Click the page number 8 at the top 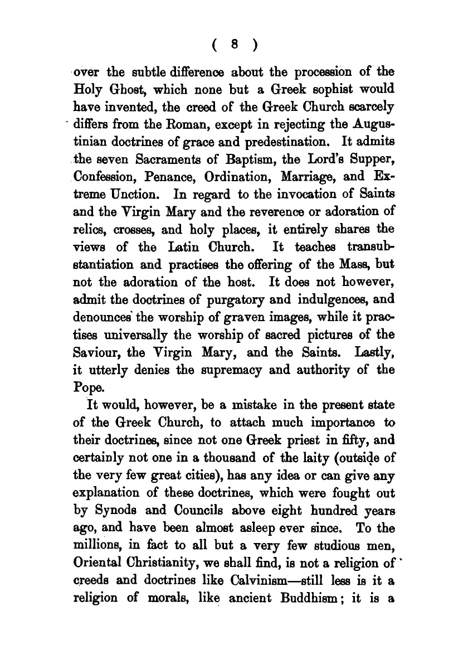237,46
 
